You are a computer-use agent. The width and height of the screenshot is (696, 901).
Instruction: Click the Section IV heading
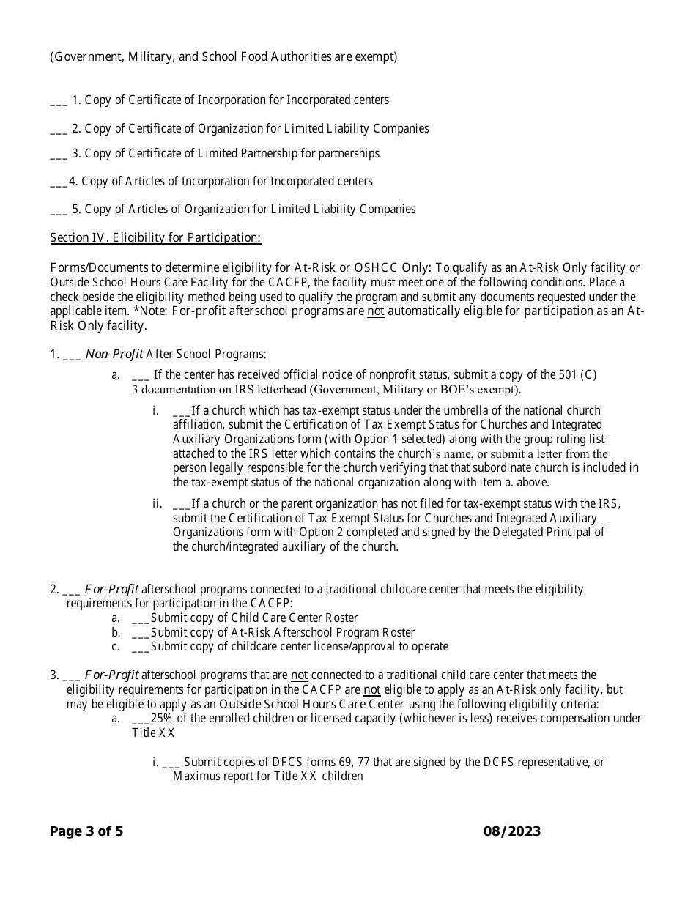pyautogui.click(x=155, y=238)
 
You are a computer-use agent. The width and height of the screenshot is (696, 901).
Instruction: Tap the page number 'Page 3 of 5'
pyautogui.click(x=86, y=831)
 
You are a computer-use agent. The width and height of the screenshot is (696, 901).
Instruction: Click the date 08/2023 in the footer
pyautogui.click(x=512, y=831)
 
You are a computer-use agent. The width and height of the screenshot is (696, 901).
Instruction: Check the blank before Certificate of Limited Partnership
pyautogui.click(x=59, y=155)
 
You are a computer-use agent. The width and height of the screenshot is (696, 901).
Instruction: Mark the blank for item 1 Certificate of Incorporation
pyautogui.click(x=59, y=101)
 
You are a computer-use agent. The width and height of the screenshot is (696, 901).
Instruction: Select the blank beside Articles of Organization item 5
pyautogui.click(x=59, y=210)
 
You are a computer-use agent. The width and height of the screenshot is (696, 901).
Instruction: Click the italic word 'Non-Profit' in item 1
pyautogui.click(x=114, y=355)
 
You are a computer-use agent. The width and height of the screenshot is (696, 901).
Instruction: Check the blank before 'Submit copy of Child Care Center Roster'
pyautogui.click(x=141, y=618)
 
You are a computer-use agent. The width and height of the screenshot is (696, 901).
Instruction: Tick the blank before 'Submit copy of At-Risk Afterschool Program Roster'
pyautogui.click(x=141, y=633)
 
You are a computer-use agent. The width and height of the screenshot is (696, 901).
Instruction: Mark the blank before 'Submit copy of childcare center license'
pyautogui.click(x=141, y=647)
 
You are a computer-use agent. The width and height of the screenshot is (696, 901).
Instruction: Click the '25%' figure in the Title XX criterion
pyautogui.click(x=162, y=719)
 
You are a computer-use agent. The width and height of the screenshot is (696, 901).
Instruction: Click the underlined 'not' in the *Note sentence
pyautogui.click(x=375, y=311)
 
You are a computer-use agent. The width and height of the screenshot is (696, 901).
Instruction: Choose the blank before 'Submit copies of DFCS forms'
pyautogui.click(x=170, y=763)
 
